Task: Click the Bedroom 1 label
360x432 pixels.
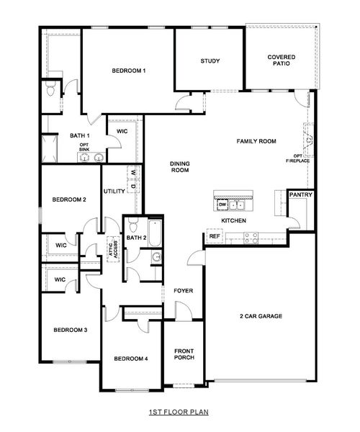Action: pos(130,71)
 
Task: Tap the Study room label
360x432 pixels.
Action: pos(210,61)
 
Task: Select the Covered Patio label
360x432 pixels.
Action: pos(282,61)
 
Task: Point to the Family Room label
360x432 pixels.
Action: pos(257,142)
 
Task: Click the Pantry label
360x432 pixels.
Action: pos(299,195)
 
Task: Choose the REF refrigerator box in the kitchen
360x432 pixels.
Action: pos(214,235)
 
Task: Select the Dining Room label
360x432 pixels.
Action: pos(179,167)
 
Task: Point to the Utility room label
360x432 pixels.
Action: pos(114,192)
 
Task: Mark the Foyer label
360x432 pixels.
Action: pos(183,291)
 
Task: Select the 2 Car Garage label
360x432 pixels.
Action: pos(261,316)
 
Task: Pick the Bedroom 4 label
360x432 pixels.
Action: pos(130,358)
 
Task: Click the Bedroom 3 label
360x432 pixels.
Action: pos(71,330)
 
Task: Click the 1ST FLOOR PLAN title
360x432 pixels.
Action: pos(179,413)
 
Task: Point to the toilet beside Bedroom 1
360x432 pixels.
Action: pos(49,90)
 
